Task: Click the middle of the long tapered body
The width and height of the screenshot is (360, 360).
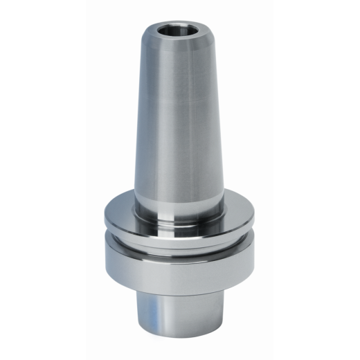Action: [179, 118]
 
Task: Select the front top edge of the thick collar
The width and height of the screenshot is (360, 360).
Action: [179, 242]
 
